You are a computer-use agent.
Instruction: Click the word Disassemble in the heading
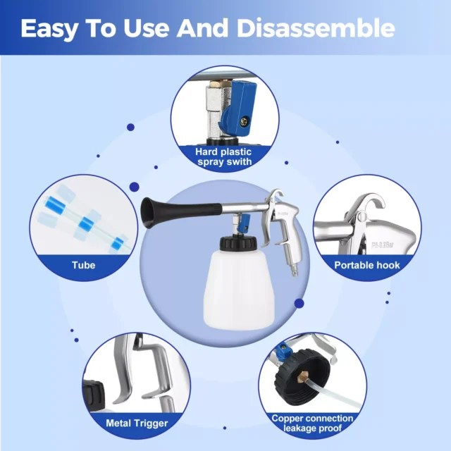[x=316, y=28]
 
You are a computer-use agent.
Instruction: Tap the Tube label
[x=83, y=265]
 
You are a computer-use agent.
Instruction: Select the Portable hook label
[x=367, y=265]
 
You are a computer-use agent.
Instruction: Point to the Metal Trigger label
[x=137, y=423]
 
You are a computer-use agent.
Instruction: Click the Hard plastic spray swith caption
[x=223, y=156]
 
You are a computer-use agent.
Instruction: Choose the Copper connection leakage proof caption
[x=312, y=423]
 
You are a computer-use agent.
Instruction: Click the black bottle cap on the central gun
[x=238, y=243]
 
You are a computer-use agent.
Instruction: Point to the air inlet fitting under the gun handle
[x=295, y=270]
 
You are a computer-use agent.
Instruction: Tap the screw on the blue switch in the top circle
[x=246, y=121]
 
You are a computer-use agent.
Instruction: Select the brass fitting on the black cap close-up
[x=303, y=376]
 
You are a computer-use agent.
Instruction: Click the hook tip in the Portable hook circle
[x=381, y=204]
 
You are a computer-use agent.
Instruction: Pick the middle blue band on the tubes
[x=85, y=223]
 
